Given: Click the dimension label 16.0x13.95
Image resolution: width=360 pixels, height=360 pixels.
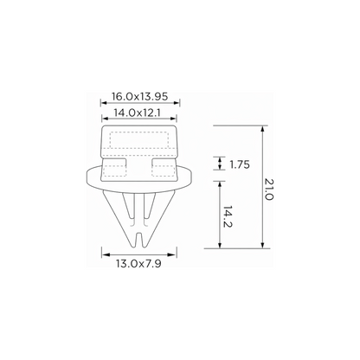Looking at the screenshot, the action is click(x=139, y=96).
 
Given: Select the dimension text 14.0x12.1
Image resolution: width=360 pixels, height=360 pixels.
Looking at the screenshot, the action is click(x=137, y=112).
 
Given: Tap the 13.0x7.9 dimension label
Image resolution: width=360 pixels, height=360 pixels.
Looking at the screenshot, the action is click(x=138, y=263).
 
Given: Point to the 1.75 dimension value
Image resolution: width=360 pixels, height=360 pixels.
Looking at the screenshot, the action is click(x=240, y=164).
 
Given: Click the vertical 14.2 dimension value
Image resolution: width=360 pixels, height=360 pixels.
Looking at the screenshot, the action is click(x=228, y=216).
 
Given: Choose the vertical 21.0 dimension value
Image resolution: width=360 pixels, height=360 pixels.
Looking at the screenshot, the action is click(x=268, y=190).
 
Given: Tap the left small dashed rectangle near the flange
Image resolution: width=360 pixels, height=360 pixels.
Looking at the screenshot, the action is click(x=115, y=170).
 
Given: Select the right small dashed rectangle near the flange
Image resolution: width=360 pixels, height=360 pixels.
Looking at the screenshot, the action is click(x=164, y=170).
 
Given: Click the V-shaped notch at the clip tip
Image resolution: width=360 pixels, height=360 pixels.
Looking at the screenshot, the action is click(x=139, y=239).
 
